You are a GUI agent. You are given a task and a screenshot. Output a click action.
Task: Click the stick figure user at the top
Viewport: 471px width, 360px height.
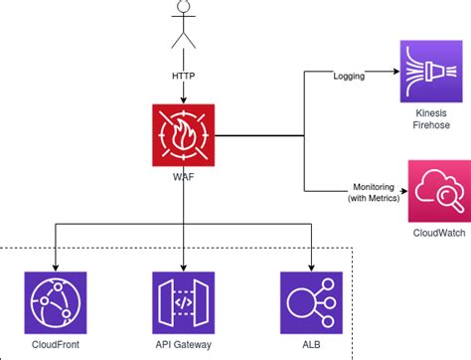click(x=182, y=25)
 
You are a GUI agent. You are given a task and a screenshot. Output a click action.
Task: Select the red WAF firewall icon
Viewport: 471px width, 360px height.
click(x=184, y=135)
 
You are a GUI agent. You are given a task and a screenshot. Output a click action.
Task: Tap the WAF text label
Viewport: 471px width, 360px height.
click(x=184, y=177)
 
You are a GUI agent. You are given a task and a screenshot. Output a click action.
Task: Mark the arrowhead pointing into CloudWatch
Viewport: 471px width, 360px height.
click(x=394, y=189)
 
